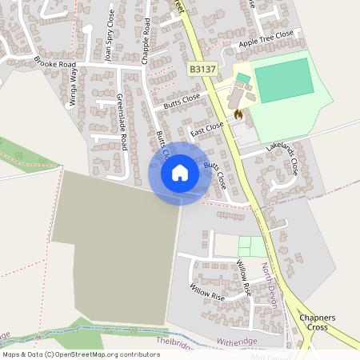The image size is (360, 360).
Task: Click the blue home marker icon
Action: [179, 173]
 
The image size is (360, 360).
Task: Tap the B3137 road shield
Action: [203, 71]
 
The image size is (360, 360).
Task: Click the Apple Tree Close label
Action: [266, 38]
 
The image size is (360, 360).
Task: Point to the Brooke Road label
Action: [54, 62]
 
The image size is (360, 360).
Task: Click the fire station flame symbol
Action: [238, 115]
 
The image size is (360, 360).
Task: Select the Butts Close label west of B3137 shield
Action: [181, 102]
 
